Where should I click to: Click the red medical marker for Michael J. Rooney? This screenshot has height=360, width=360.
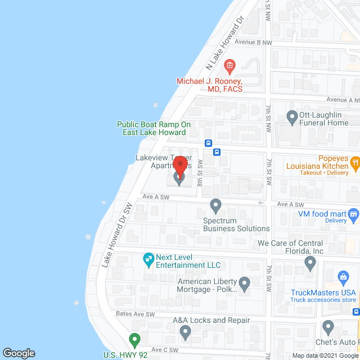pyautogui.click(x=229, y=67)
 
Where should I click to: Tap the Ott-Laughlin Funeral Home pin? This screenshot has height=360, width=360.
pyautogui.click(x=292, y=117)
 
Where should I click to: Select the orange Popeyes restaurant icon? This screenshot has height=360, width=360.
pyautogui.click(x=355, y=163)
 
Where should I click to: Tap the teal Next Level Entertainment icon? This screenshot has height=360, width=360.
pyautogui.click(x=149, y=259)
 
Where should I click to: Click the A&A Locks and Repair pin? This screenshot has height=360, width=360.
pyautogui.click(x=186, y=332)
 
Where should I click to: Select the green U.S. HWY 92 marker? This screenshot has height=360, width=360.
pyautogui.click(x=134, y=340)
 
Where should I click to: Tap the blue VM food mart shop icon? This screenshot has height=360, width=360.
pyautogui.click(x=353, y=213)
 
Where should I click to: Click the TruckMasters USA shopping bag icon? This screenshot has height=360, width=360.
pyautogui.click(x=343, y=277)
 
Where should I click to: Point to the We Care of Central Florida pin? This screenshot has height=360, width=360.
pyautogui.click(x=310, y=262)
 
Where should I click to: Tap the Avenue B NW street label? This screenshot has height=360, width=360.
pyautogui.click(x=253, y=42)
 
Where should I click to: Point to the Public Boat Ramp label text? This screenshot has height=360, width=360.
pyautogui.click(x=154, y=128)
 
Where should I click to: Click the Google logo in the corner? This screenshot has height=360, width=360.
pyautogui.click(x=19, y=353)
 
